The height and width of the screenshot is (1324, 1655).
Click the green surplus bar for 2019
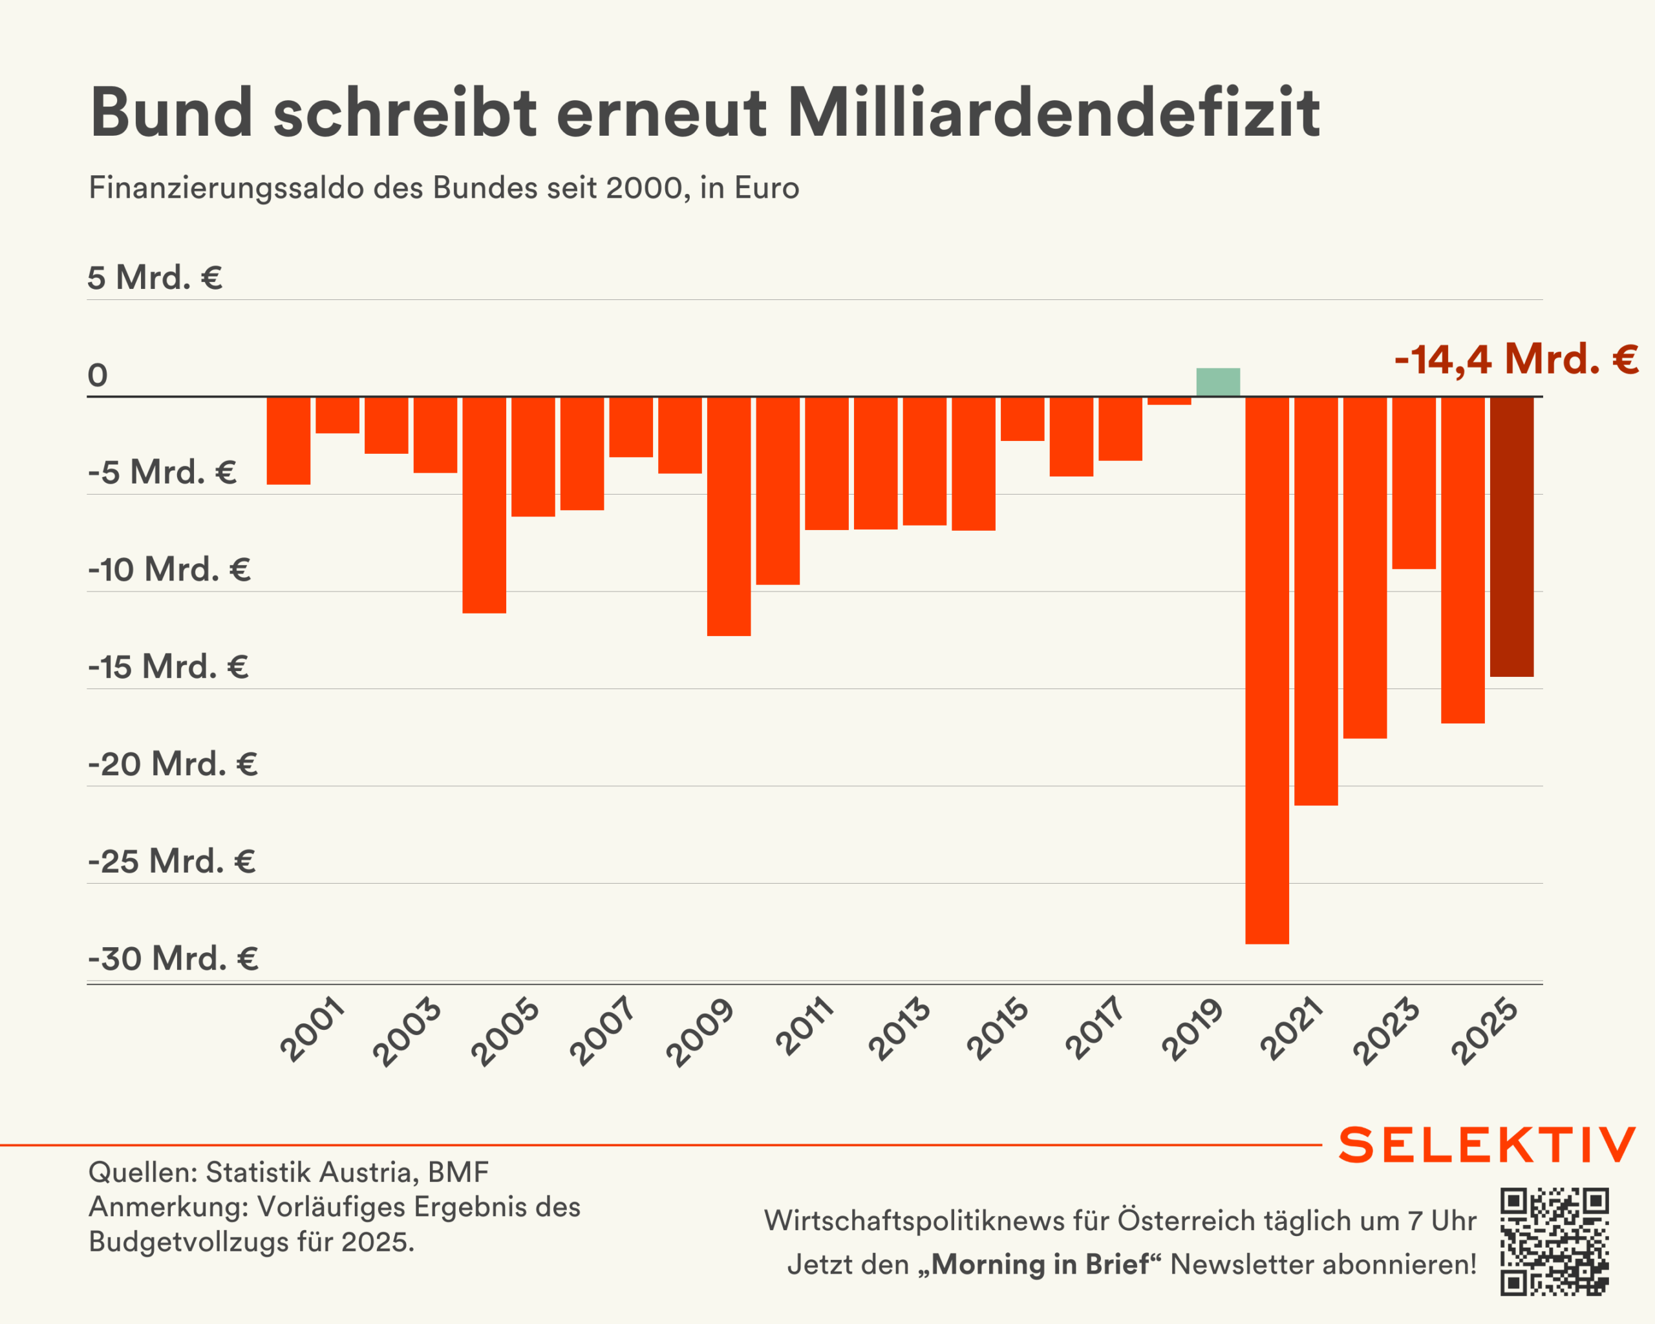pyautogui.click(x=1217, y=382)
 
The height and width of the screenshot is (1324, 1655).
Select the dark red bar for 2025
pyautogui.click(x=1511, y=537)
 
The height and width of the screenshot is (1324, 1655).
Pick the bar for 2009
pyautogui.click(x=729, y=516)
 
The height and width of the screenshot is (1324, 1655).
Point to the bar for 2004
pyautogui.click(x=484, y=504)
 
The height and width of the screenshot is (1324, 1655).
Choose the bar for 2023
pyautogui.click(x=1413, y=483)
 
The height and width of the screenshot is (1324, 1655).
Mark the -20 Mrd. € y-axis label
pyautogui.click(x=173, y=763)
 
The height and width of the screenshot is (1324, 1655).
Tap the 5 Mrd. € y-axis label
pyautogui.click(x=155, y=277)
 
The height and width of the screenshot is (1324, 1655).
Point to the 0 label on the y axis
pyautogui.click(x=98, y=376)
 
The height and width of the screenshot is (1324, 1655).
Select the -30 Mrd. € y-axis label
pyautogui.click(x=173, y=958)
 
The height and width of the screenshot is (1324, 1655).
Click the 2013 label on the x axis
pyautogui.click(x=899, y=1030)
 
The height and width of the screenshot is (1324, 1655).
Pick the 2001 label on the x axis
pyautogui.click(x=312, y=1030)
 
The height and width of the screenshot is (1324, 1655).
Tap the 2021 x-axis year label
pyautogui.click(x=1291, y=1030)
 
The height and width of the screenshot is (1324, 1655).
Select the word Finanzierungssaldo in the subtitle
pyautogui.click(x=227, y=188)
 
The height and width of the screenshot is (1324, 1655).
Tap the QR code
pyautogui.click(x=1554, y=1241)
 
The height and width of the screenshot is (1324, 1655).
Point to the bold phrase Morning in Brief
pyautogui.click(x=1040, y=1264)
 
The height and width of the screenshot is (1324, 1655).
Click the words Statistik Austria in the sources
pyautogui.click(x=312, y=1172)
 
